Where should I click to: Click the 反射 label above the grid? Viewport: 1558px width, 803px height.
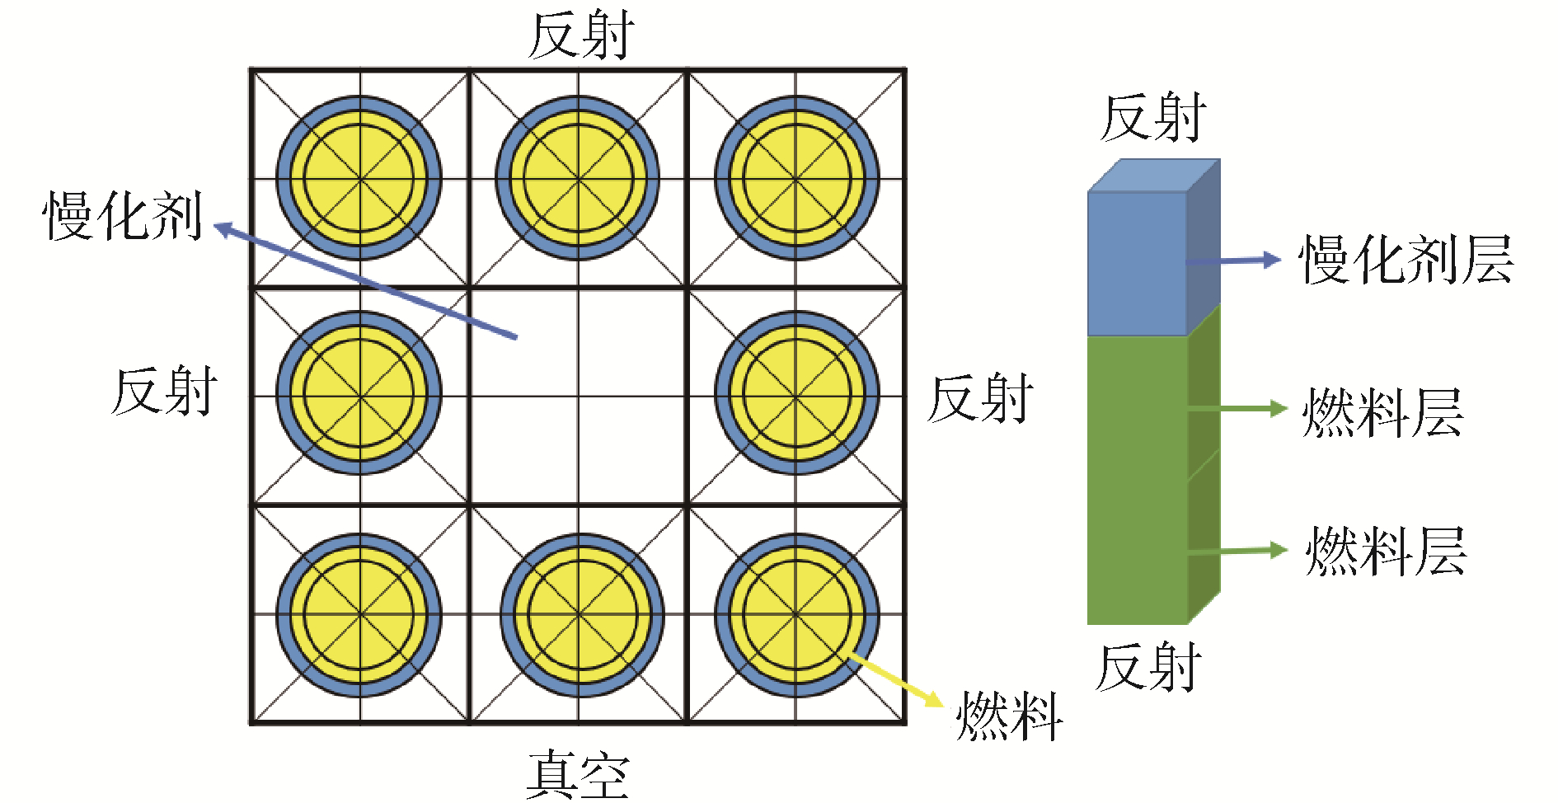point(581,35)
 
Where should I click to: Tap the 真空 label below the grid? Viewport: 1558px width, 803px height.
point(578,775)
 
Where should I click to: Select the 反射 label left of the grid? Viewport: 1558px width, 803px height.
point(165,391)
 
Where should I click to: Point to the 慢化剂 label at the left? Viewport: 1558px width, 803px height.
point(123,216)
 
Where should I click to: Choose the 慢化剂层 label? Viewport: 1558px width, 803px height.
point(1406,260)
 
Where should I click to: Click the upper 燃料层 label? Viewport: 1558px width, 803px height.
point(1383,412)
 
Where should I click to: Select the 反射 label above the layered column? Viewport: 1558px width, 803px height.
point(1153,117)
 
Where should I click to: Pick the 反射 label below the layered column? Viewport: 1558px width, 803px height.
point(1147,667)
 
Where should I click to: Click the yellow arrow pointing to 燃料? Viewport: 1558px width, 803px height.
point(894,679)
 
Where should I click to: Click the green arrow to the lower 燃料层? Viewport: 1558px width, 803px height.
point(1237,551)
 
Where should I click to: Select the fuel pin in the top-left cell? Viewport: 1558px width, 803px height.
point(359,178)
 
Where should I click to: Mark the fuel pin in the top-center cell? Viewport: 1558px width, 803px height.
point(579,178)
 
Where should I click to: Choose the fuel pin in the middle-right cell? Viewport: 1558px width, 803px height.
point(796,392)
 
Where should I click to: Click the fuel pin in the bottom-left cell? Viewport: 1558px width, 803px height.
point(359,615)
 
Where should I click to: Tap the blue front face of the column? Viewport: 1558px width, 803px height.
point(1137,264)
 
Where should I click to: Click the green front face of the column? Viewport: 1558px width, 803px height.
point(1137,478)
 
